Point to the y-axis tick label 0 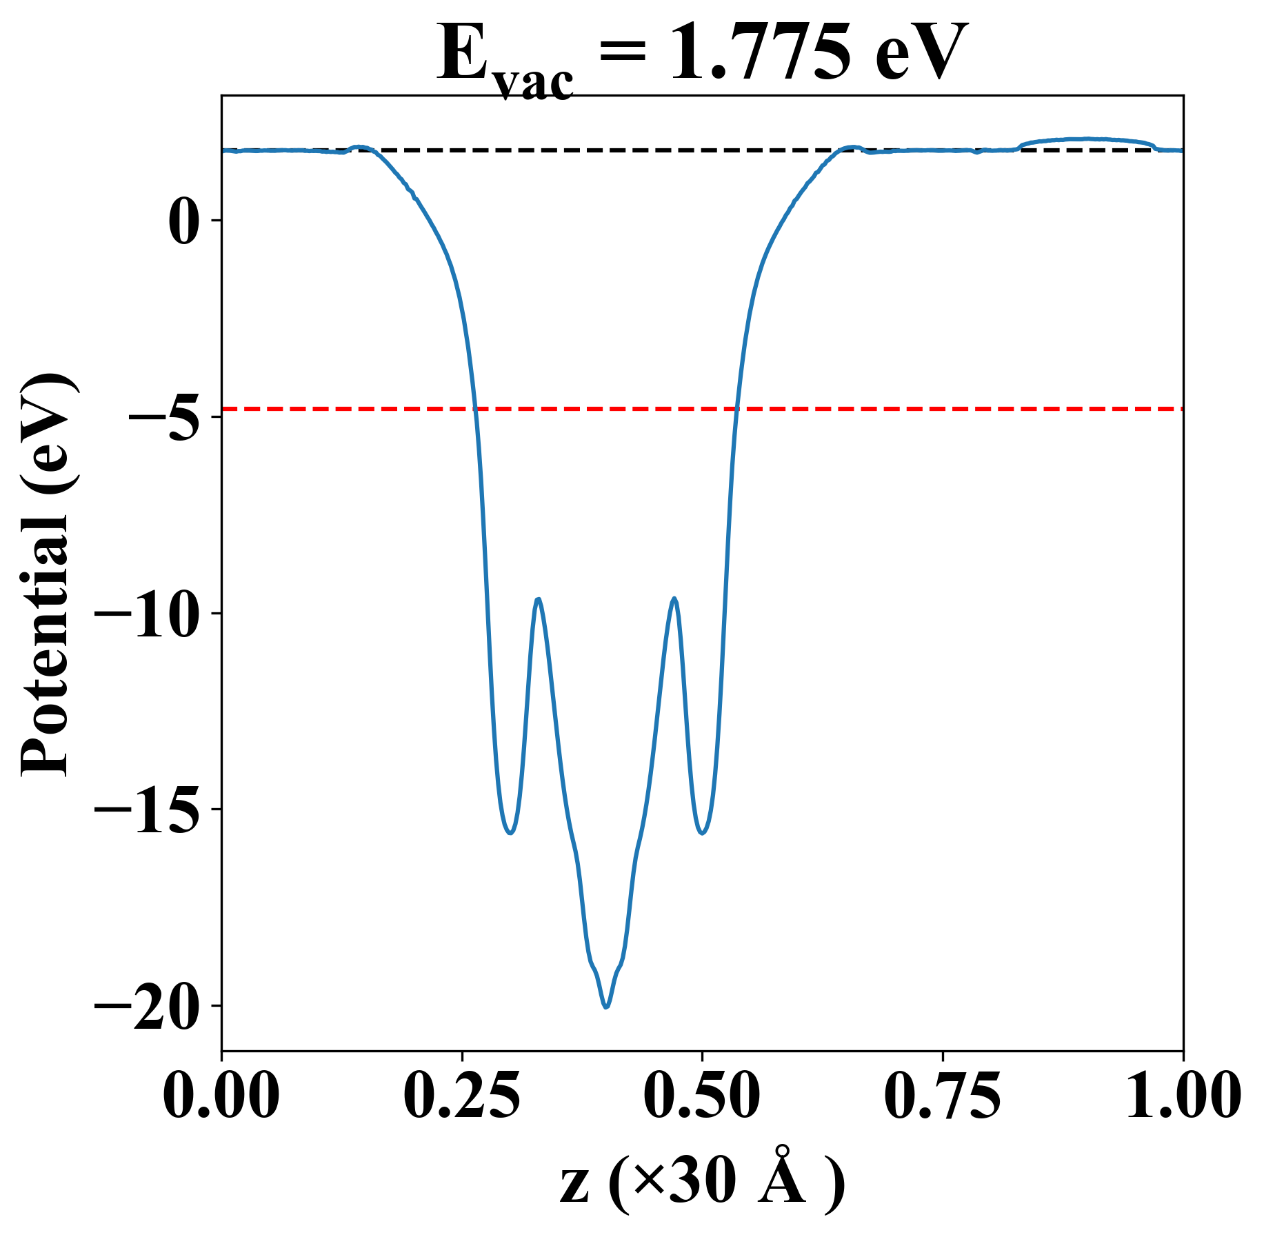pyautogui.click(x=181, y=221)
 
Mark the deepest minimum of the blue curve pyautogui.click(x=606, y=1007)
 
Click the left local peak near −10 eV pyautogui.click(x=538, y=599)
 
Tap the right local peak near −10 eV pyautogui.click(x=674, y=599)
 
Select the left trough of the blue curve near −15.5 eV pyautogui.click(x=510, y=833)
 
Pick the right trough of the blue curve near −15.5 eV pyautogui.click(x=702, y=833)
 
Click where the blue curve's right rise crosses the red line pyautogui.click(x=736, y=409)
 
